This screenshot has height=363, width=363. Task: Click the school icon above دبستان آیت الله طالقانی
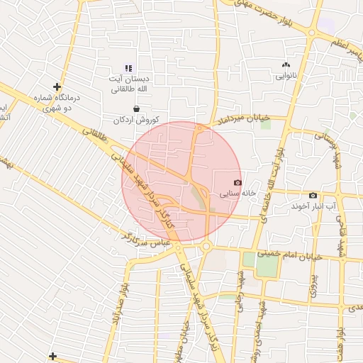tap(128, 68)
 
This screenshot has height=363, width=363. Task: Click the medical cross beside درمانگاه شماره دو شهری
tap(57, 87)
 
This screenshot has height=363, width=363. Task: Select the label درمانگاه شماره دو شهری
tap(58, 104)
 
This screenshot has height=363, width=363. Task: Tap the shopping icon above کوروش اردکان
tap(136, 108)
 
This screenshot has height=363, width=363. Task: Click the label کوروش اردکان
tap(137, 119)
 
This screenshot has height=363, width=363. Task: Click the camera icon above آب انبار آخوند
tap(313, 195)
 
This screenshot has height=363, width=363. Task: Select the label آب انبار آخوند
tap(313, 206)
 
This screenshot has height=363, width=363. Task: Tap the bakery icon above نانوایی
tap(286, 64)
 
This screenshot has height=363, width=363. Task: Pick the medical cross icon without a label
tap(52, 355)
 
